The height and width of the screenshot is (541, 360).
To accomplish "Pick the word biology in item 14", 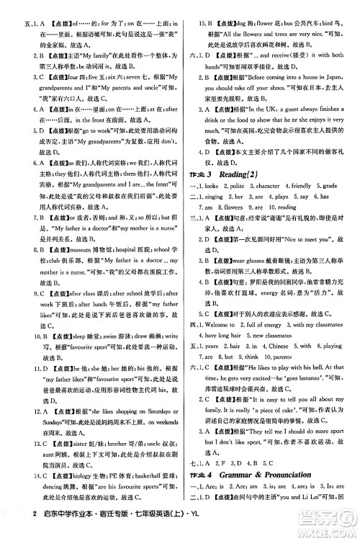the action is (76, 475).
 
